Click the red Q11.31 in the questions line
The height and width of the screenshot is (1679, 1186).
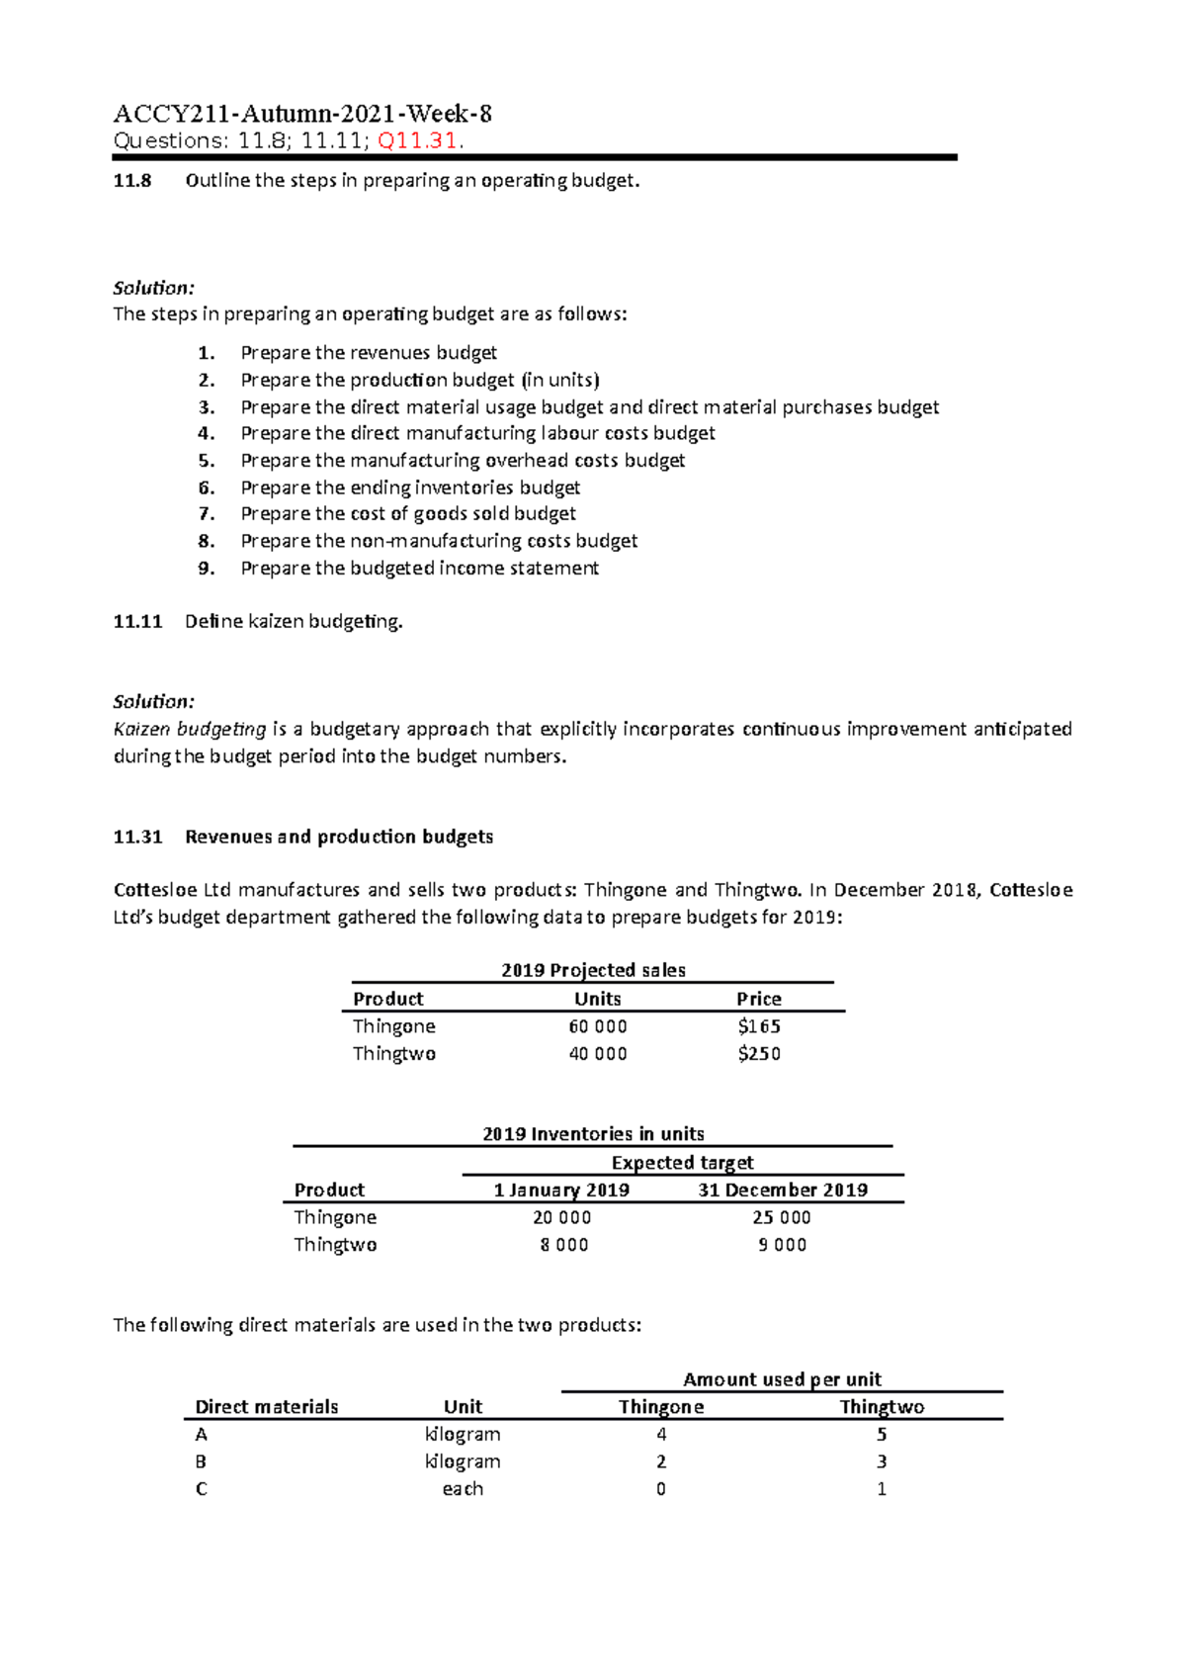[x=419, y=140]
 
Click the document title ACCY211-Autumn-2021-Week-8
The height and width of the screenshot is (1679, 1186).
[x=302, y=114]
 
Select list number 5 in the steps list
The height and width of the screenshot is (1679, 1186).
[x=206, y=461]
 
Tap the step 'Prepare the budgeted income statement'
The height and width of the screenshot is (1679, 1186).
[x=419, y=569]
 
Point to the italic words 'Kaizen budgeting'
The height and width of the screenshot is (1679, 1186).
[x=190, y=730]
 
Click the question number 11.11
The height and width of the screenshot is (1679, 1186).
[x=137, y=622]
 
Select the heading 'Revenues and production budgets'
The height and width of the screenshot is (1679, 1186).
[x=339, y=837]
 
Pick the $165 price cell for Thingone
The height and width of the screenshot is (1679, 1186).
[x=759, y=1026]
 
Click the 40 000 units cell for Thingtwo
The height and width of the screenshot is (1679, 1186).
[x=597, y=1054]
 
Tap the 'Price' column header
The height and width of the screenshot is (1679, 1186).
[x=758, y=999]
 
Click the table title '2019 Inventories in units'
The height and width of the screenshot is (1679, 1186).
[x=593, y=1134]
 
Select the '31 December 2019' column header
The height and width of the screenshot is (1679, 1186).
[x=783, y=1191]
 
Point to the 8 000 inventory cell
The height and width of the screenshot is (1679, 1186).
[x=563, y=1245]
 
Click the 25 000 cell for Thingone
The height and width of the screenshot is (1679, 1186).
[x=781, y=1218]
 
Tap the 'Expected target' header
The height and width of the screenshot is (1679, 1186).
[x=682, y=1163]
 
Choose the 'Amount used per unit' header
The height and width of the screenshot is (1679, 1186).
[x=782, y=1379]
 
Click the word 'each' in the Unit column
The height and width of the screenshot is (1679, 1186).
[x=463, y=1489]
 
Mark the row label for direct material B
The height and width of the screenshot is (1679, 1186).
[x=201, y=1461]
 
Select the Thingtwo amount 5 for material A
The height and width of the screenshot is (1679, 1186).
[x=881, y=1435]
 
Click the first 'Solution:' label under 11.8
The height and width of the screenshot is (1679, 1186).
[x=153, y=288]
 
